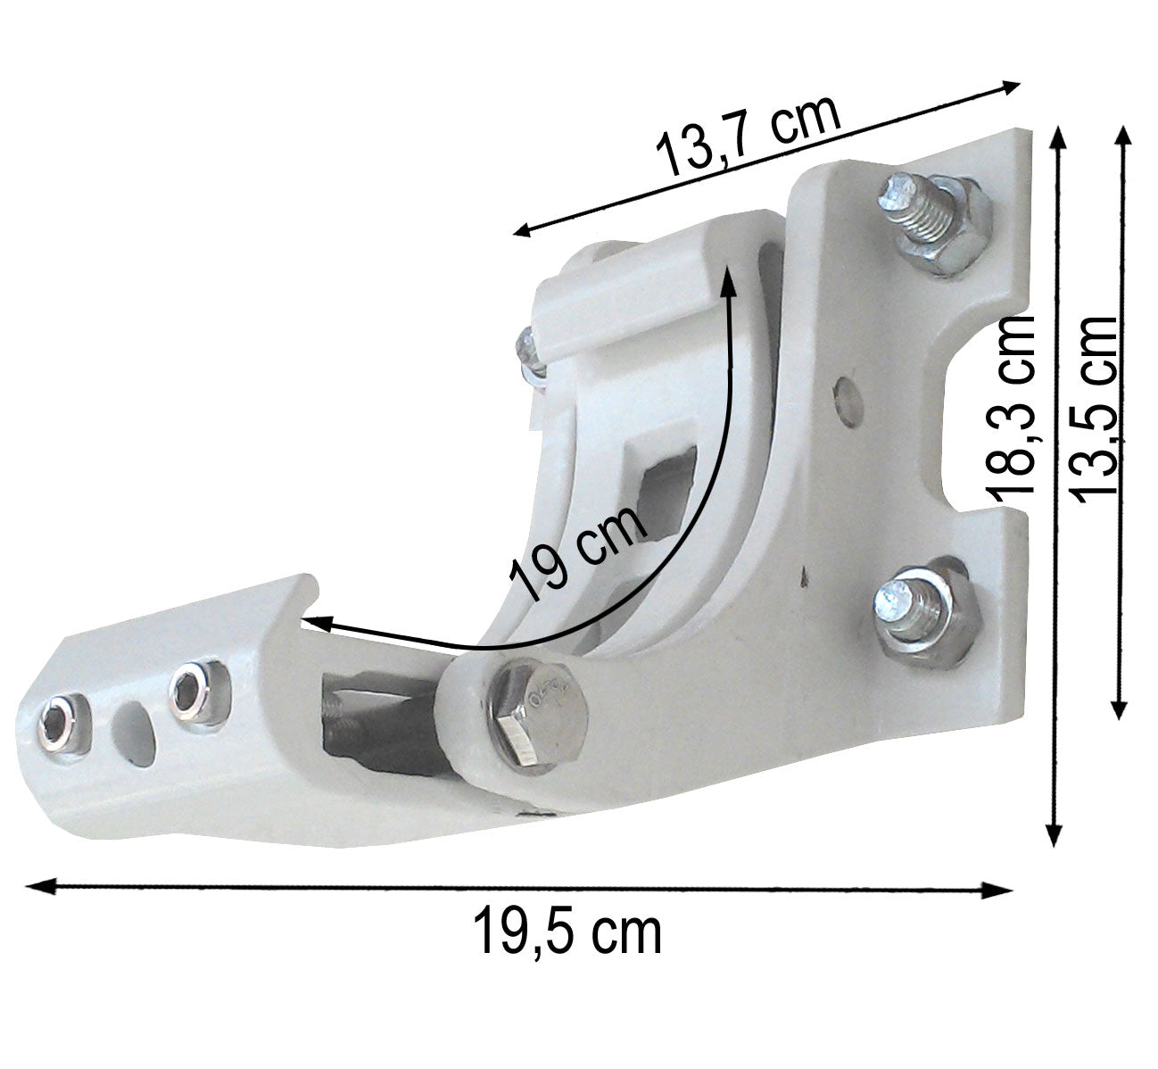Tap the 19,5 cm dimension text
pyautogui.click(x=567, y=931)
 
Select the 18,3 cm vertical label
pyautogui.click(x=1010, y=406)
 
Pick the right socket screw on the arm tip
pyautogui.click(x=190, y=688)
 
